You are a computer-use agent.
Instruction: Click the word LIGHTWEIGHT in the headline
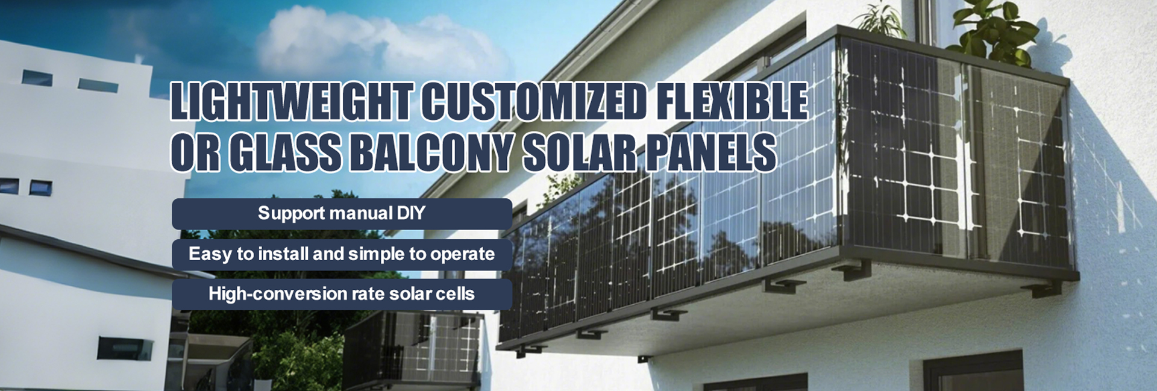(x=291, y=101)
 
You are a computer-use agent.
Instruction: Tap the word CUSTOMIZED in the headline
(x=533, y=101)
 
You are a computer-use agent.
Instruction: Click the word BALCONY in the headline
(x=432, y=152)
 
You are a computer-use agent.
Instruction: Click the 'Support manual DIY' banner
(x=342, y=214)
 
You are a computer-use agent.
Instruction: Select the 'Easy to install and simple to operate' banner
(x=342, y=254)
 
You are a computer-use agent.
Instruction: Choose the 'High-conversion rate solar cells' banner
(x=342, y=295)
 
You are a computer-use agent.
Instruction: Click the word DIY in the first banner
(x=410, y=213)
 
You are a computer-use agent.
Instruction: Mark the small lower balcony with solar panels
(x=413, y=349)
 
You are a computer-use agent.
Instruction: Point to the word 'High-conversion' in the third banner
(x=272, y=295)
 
